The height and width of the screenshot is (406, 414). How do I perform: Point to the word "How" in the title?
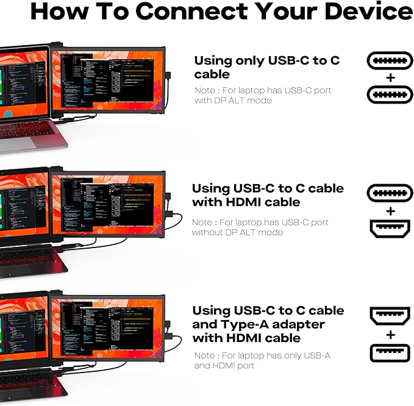click(x=61, y=12)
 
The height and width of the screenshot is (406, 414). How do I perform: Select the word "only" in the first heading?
click(x=248, y=60)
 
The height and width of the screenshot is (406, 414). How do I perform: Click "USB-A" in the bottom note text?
click(x=315, y=355)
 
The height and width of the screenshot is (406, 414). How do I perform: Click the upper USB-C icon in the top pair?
click(x=390, y=61)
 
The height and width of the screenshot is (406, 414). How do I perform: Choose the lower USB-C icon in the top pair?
click(x=390, y=94)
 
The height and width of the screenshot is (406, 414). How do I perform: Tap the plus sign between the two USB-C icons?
click(x=390, y=77)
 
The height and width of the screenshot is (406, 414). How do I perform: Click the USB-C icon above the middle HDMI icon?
click(x=390, y=194)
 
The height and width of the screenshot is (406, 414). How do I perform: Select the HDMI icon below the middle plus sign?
click(x=390, y=229)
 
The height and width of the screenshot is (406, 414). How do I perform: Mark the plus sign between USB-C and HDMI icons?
click(x=390, y=211)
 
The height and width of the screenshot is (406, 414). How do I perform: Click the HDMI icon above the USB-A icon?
click(x=390, y=316)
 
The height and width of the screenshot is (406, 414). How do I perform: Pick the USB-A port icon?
click(x=390, y=352)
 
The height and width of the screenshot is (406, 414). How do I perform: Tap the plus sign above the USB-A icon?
click(x=390, y=335)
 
